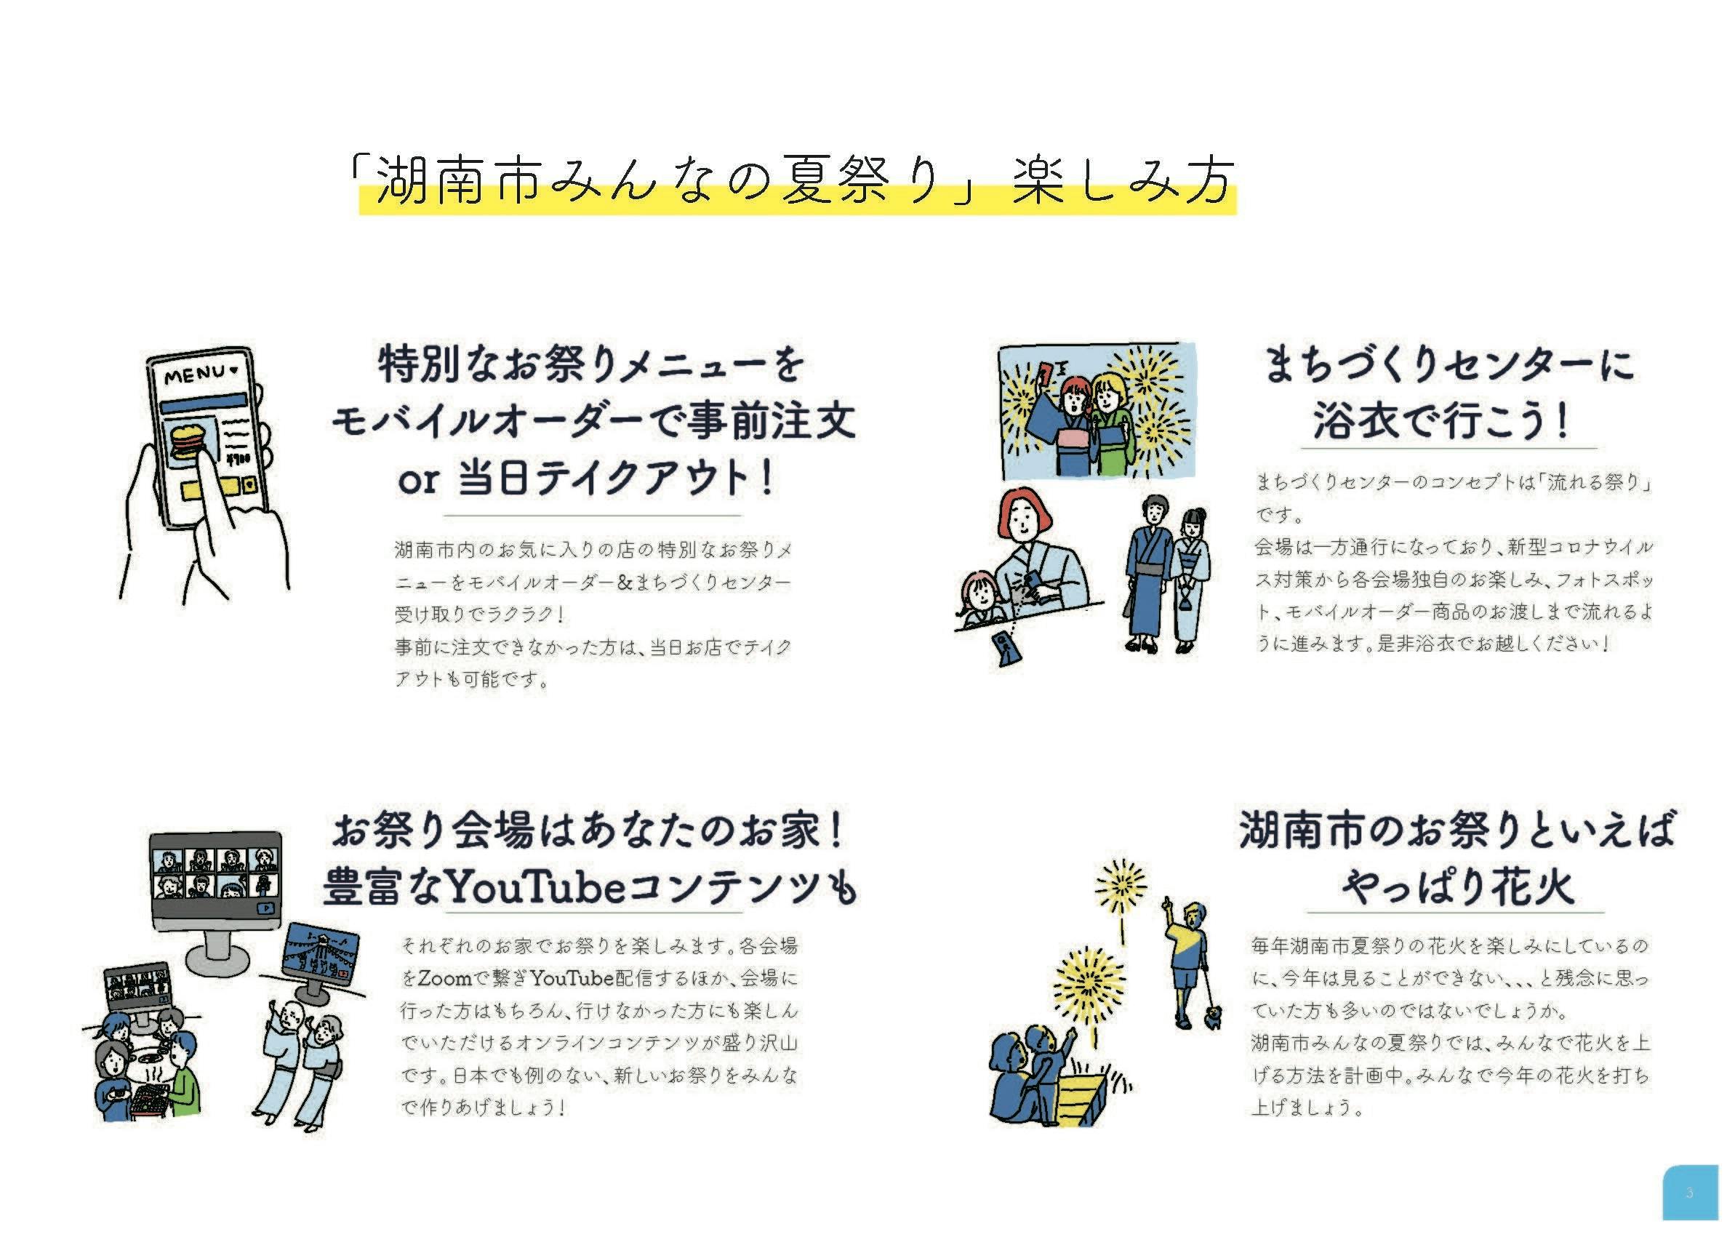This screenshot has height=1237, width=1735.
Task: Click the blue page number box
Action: coord(1690,1192)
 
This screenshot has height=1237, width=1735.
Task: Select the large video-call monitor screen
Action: coord(215,877)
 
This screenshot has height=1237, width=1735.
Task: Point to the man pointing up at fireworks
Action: coord(1185,964)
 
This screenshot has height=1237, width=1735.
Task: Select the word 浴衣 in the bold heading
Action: coord(1354,420)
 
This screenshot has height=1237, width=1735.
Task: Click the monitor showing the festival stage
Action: coord(321,957)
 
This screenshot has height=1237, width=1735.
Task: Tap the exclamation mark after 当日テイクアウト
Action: coord(768,477)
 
